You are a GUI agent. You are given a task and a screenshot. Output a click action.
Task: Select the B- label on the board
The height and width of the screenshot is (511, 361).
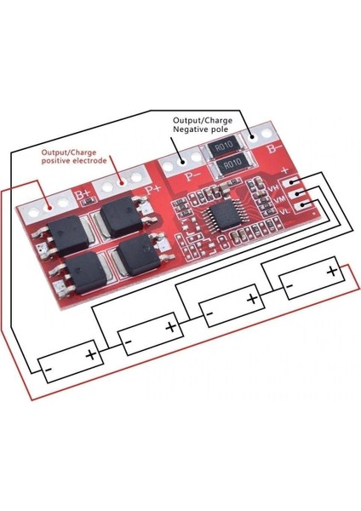pos(275,148)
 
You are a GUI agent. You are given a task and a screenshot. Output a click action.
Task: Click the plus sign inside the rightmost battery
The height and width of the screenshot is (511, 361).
pos(331,272)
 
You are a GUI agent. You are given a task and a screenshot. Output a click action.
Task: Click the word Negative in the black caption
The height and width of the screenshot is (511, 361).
pos(192,132)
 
